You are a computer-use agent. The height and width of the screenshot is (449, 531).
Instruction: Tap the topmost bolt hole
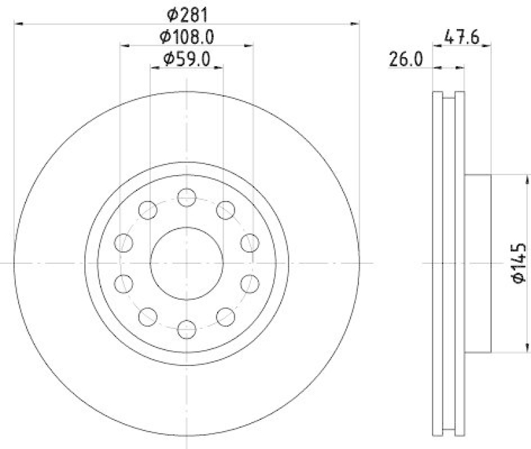tap(187, 197)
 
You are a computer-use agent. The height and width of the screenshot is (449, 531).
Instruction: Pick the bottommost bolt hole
tap(187, 328)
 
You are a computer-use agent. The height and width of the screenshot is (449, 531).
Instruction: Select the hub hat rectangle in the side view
tap(477, 263)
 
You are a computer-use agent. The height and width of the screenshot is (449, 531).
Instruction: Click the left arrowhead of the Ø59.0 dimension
tap(153, 68)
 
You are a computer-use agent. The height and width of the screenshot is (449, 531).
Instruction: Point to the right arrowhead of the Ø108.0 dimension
tap(250, 45)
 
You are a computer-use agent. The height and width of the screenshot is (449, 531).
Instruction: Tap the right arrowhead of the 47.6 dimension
tap(487, 45)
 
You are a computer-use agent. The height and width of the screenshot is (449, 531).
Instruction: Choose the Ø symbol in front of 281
tap(171, 13)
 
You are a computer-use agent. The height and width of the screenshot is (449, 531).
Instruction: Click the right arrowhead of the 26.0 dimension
tap(461, 67)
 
